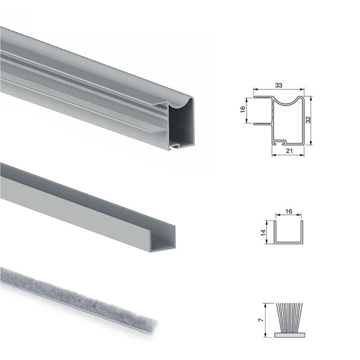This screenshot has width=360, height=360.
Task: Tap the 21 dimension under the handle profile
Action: coord(289,151)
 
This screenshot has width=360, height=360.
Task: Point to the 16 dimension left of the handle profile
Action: coord(243,110)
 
